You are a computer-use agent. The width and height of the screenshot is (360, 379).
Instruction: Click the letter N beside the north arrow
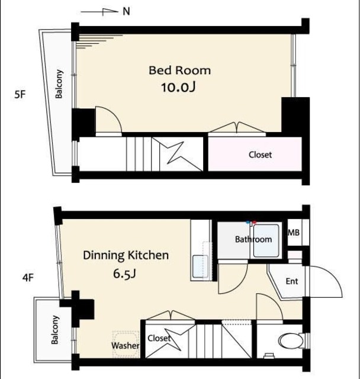click(126, 11)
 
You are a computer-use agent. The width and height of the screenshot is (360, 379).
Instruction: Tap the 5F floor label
click(20, 94)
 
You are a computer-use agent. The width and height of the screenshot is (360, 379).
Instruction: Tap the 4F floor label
click(28, 278)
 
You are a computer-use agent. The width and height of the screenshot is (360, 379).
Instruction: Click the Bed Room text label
click(179, 70)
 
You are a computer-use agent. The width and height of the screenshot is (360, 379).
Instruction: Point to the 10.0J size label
click(178, 87)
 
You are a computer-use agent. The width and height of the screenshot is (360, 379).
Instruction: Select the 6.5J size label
click(125, 274)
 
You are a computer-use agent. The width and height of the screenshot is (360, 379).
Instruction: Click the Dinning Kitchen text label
click(126, 255)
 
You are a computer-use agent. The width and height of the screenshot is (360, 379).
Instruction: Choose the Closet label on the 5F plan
click(260, 155)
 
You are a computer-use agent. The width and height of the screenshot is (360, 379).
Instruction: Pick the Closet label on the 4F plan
click(159, 338)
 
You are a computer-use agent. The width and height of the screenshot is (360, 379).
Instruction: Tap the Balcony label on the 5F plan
click(59, 84)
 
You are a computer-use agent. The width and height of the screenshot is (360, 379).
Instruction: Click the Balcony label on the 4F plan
click(55, 329)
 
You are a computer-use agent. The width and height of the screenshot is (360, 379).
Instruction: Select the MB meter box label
click(294, 233)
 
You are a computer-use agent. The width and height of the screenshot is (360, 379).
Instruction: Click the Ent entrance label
click(292, 281)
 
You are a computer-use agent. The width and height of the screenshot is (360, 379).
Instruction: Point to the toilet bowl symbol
click(291, 341)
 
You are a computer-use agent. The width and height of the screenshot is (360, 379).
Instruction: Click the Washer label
click(125, 345)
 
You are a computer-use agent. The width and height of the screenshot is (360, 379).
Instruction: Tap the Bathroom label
click(253, 239)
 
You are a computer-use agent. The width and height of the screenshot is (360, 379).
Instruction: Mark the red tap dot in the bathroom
click(254, 222)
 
